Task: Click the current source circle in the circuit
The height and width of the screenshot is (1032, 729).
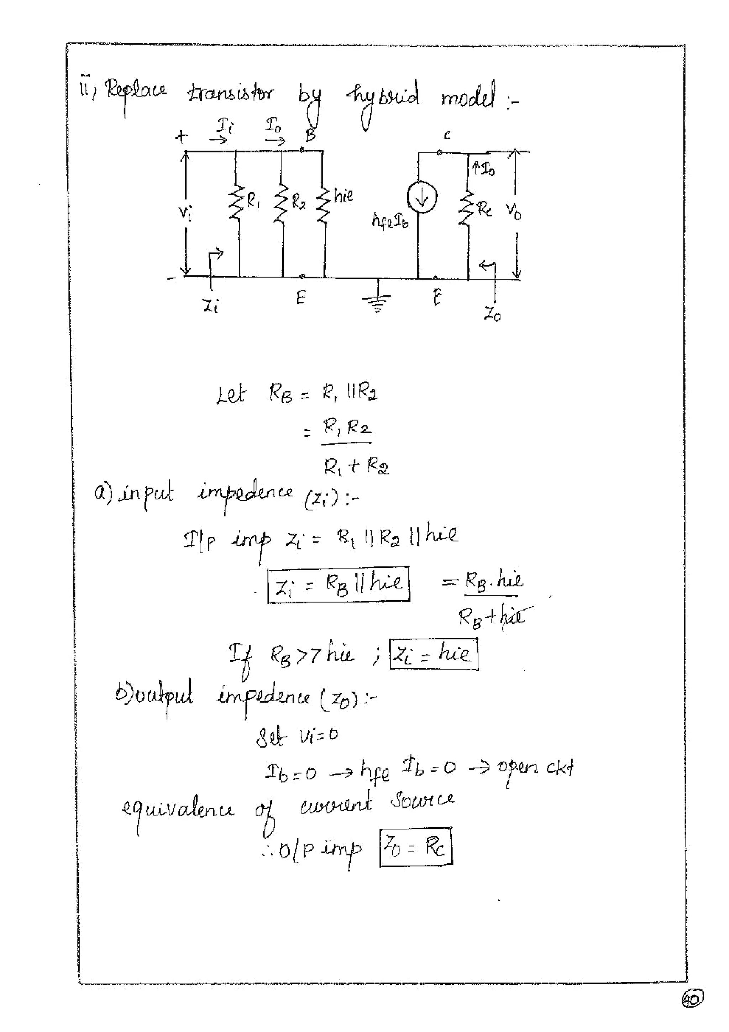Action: (x=421, y=198)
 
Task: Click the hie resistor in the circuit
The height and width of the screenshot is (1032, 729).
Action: (x=324, y=204)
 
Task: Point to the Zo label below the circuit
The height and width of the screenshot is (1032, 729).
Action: (x=492, y=315)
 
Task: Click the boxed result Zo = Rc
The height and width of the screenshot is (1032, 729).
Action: (x=416, y=847)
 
